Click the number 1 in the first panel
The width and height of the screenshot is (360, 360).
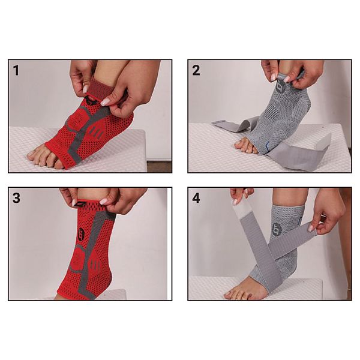(x=16, y=70)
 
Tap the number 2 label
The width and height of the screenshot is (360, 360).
(x=196, y=70)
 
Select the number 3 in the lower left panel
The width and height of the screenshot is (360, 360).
(x=16, y=198)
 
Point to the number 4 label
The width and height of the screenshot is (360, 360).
(x=196, y=198)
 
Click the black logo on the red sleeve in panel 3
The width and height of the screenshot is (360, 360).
(x=81, y=234)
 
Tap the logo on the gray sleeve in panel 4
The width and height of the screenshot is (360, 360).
(x=275, y=229)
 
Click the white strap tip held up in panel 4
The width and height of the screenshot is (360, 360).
(x=239, y=211)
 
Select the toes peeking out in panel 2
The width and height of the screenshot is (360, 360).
(x=245, y=145)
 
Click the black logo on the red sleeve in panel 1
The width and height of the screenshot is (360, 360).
(x=91, y=101)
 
